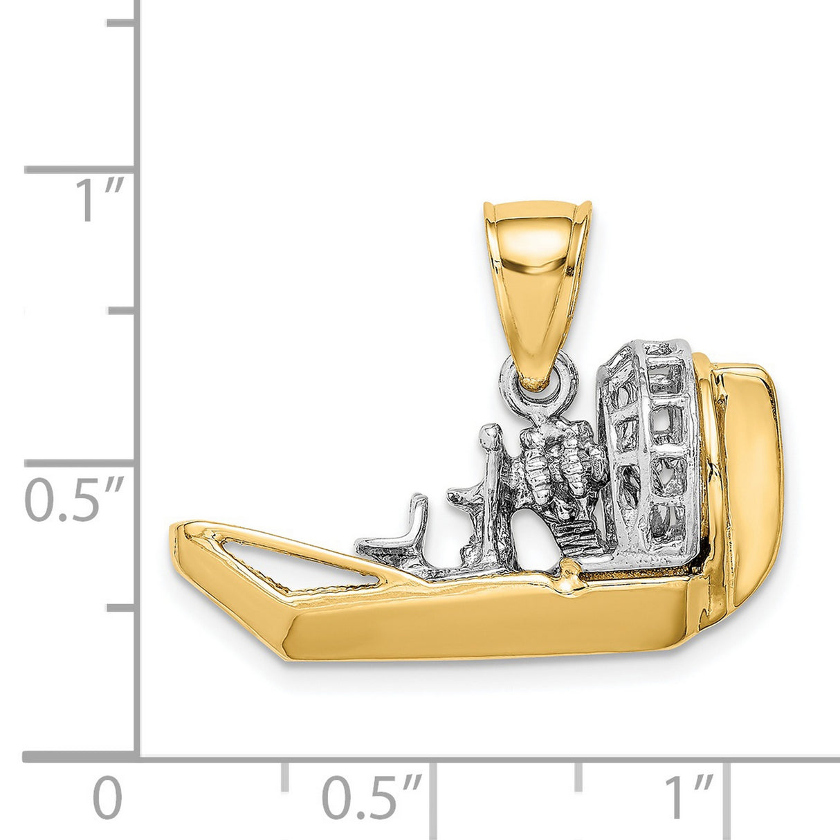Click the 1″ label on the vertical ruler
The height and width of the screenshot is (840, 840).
click(x=101, y=201)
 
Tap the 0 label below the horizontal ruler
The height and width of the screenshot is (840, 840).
click(x=107, y=799)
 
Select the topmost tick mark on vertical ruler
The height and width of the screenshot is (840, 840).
click(x=121, y=23)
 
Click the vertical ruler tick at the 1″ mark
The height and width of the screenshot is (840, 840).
click(x=80, y=170)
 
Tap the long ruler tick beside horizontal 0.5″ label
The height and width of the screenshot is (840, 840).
click(x=433, y=796)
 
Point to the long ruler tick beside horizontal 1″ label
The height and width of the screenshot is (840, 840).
click(x=727, y=796)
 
